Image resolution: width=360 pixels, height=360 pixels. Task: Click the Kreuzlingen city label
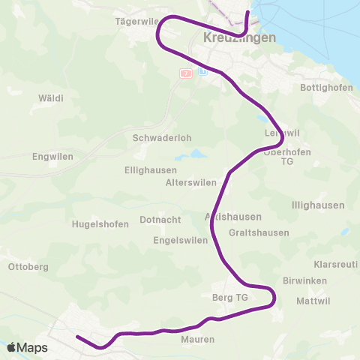pos(239,37)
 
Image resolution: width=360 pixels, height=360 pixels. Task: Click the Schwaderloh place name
pos(157,138)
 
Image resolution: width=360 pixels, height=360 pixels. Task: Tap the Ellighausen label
pos(150,170)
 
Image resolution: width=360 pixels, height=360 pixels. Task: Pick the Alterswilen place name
pos(190,183)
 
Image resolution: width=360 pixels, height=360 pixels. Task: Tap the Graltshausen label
pos(259,232)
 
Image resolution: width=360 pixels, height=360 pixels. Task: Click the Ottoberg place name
pos(28,267)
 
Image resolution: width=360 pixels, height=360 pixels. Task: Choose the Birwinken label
pos(305,280)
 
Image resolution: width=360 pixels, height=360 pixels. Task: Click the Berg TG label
pos(230,298)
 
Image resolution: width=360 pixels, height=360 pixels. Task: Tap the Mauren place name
pos(198,340)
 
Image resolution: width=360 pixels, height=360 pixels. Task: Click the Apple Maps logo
pos(27,347)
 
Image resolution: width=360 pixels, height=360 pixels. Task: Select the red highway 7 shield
pos(186,73)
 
